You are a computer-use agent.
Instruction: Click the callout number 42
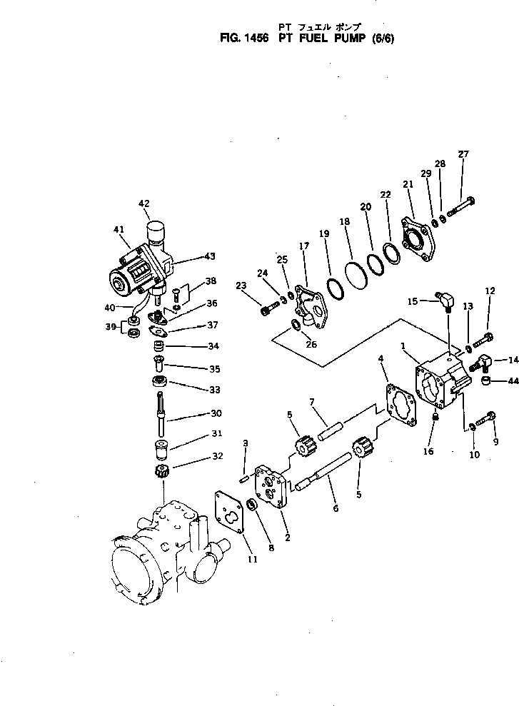144,203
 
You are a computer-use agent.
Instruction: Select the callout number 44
512,382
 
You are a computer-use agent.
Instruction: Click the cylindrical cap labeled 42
156,231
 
